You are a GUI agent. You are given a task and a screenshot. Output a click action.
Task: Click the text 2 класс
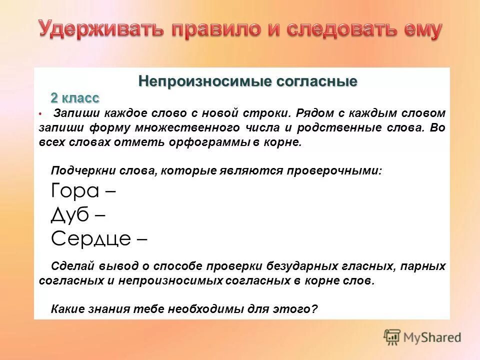(74, 97)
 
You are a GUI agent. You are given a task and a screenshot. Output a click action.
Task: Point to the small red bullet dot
(40, 114)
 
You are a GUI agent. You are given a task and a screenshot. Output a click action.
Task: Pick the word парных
(424, 266)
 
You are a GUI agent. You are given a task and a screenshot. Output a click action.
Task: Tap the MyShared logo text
(432, 337)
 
